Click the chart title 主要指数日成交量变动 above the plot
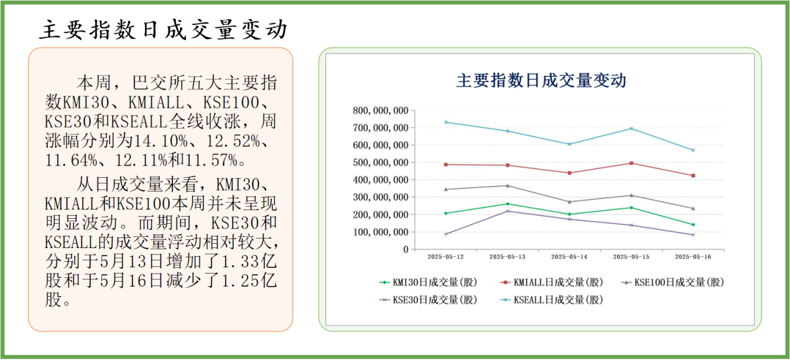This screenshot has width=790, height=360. [x=541, y=81]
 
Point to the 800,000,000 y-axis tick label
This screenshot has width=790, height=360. [x=380, y=111]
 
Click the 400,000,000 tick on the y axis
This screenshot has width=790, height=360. [x=380, y=180]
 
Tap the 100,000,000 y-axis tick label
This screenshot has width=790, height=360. [x=380, y=232]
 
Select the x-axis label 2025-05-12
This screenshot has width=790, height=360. [x=445, y=256]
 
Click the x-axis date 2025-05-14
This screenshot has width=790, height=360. [x=569, y=256]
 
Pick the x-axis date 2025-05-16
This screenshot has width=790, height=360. [x=693, y=256]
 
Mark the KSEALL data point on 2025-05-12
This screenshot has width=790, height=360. [x=445, y=122]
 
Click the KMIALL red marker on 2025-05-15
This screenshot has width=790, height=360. [x=631, y=163]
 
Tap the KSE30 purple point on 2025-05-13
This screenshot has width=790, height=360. [x=508, y=211]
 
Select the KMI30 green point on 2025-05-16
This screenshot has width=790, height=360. [x=693, y=224]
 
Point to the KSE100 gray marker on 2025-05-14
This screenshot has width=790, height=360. [x=569, y=201]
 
